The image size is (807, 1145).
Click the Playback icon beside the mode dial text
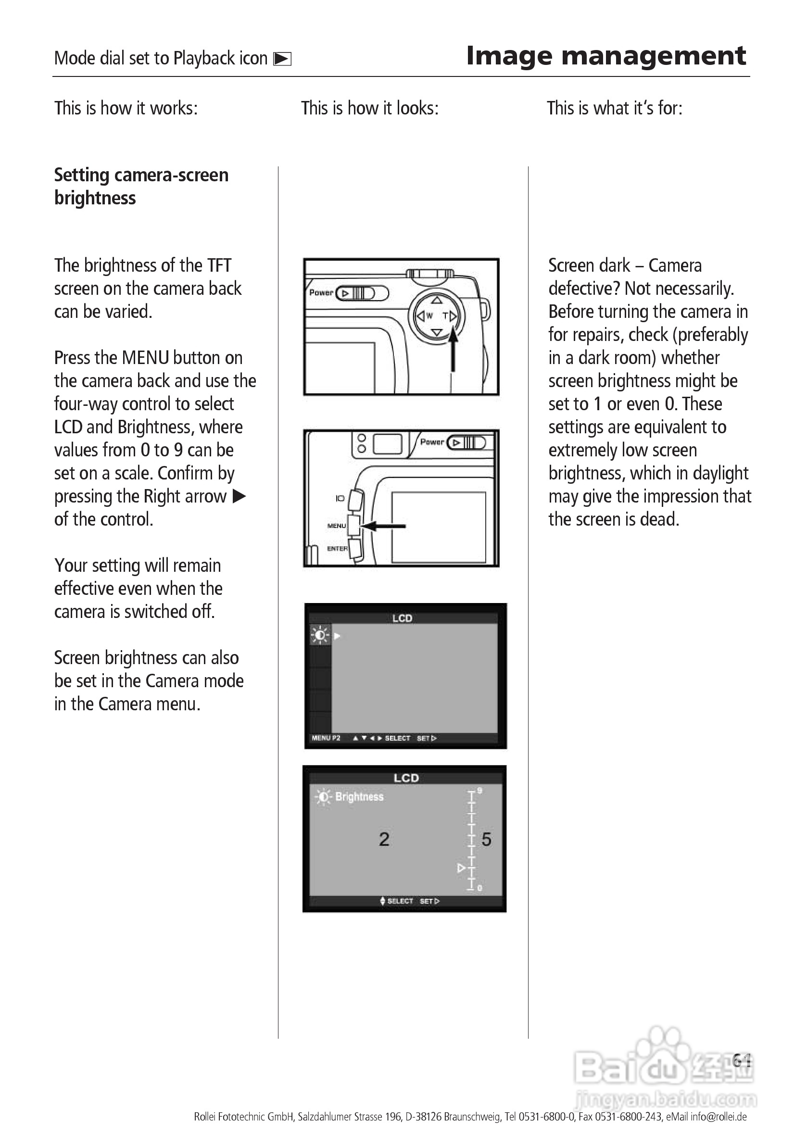point(282,59)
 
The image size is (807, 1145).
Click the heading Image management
point(605,55)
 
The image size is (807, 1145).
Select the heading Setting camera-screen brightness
point(141,187)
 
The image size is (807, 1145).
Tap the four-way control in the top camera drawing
point(437,316)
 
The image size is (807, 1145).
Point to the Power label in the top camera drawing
point(321,293)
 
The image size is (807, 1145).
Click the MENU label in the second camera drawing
point(337,526)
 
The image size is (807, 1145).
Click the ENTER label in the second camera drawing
point(337,549)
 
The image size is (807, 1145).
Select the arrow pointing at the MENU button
point(384,526)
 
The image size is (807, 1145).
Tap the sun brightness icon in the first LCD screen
point(320,635)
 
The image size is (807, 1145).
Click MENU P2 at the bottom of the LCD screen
point(326,738)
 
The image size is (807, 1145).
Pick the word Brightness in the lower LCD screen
point(359,796)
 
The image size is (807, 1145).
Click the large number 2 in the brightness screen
point(384,839)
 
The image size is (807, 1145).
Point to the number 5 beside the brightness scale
point(486,839)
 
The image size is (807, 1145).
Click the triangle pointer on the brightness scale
point(461,868)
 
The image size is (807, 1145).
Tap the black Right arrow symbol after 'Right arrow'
point(240,496)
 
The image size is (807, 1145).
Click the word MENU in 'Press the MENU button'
point(145,358)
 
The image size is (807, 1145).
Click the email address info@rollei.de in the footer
point(718,1117)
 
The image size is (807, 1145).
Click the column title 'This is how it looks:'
point(369,108)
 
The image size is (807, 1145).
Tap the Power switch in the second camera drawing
point(467,442)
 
